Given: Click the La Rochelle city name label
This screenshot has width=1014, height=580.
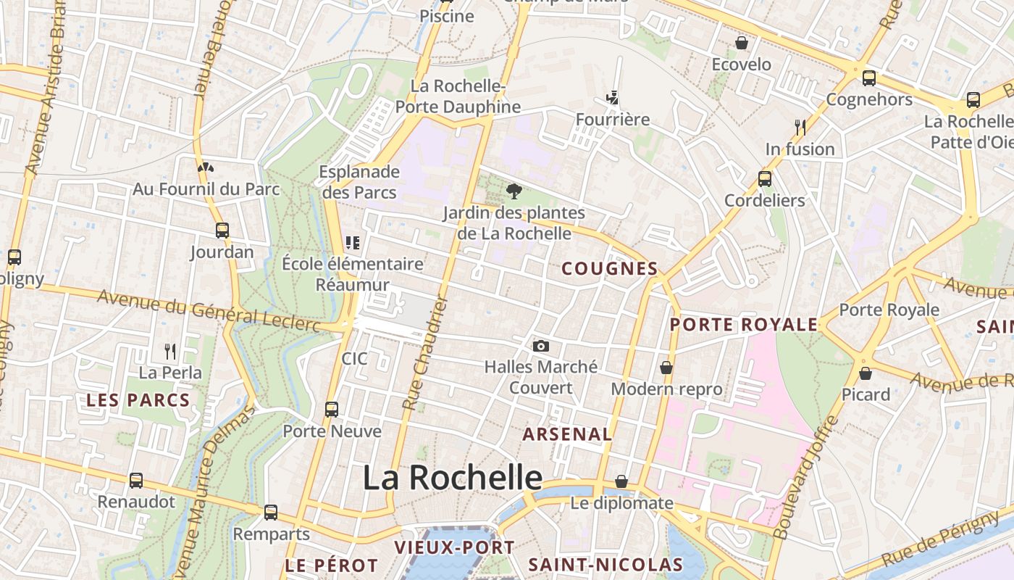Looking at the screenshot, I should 452,478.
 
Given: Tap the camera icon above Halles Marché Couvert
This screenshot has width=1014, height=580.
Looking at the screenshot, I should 540,347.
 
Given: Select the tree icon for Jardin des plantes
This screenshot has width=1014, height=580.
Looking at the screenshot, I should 514,191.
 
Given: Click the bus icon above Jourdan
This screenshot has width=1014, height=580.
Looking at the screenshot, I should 222,231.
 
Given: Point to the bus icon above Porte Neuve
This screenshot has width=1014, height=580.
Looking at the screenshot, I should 332,410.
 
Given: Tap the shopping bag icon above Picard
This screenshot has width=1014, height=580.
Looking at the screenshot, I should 866,373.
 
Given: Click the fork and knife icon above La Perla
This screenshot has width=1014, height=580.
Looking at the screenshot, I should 170,352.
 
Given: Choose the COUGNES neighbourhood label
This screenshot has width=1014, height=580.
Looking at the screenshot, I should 610,269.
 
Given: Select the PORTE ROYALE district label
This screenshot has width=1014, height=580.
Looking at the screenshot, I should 743,325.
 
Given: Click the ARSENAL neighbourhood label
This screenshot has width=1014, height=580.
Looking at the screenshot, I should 567,434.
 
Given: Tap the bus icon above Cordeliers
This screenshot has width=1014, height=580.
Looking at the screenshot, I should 765,178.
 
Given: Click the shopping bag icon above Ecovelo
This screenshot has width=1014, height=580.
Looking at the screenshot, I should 742,43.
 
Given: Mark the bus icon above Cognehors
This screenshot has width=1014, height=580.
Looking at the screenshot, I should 868,78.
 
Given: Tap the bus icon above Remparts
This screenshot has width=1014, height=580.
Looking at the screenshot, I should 271,513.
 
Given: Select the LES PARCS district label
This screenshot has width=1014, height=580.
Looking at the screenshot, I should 138,400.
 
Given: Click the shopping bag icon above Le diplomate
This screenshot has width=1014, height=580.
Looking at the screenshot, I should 621,481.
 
